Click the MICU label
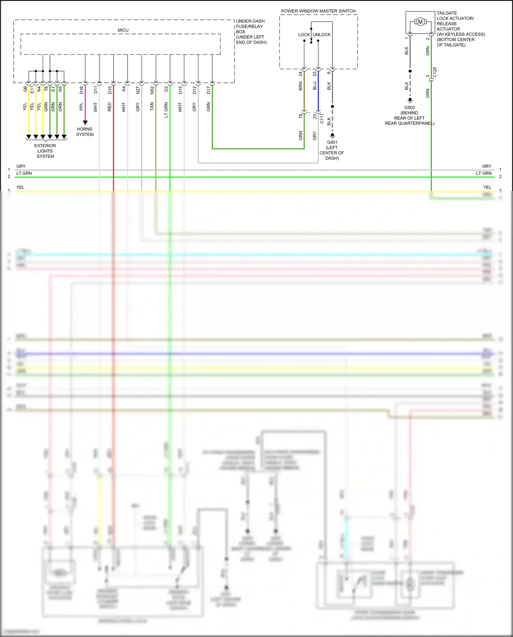click(123, 30)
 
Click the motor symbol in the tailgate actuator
click(420, 22)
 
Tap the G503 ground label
click(409, 107)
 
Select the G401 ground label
click(332, 142)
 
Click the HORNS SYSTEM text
click(85, 132)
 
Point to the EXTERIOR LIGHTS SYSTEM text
click(45, 151)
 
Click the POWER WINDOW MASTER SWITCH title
click(318, 11)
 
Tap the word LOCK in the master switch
click(304, 35)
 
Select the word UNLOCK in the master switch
click(322, 35)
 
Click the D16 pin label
click(81, 90)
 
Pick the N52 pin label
click(152, 90)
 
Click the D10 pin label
click(110, 90)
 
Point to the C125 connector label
click(435, 72)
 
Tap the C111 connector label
click(322, 119)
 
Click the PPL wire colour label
click(81, 107)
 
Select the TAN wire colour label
click(152, 107)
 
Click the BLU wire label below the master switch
click(315, 86)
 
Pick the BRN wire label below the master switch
click(301, 86)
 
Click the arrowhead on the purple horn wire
click(85, 123)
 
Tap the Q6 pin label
click(25, 89)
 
